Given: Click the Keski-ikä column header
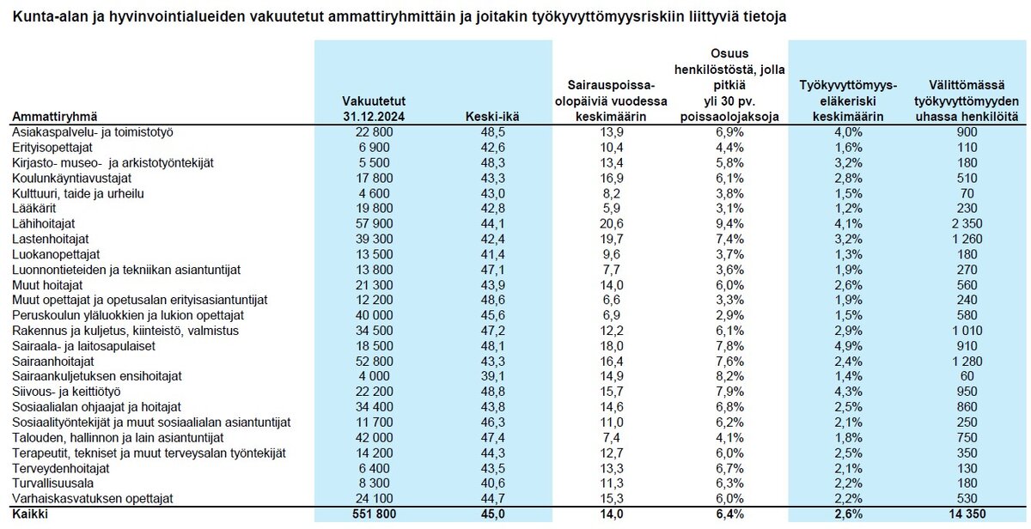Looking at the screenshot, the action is (x=492, y=117).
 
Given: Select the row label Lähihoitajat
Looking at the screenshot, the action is (x=43, y=223).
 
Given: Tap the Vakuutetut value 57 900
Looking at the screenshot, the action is (x=374, y=223).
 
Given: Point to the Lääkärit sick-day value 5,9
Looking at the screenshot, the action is (x=611, y=209).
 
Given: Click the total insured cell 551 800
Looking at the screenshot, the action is (x=374, y=514).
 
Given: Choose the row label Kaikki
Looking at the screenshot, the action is (x=30, y=514).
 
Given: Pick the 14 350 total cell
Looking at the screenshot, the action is (x=967, y=514).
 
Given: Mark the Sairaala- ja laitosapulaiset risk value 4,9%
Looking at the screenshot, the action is (x=848, y=346).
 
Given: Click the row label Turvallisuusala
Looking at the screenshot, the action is (x=53, y=483).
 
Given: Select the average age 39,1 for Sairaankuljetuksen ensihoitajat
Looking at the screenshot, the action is (x=492, y=376).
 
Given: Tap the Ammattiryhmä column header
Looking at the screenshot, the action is (x=55, y=117).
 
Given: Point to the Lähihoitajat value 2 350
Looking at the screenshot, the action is (x=967, y=223).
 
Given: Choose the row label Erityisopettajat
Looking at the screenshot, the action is (x=52, y=147).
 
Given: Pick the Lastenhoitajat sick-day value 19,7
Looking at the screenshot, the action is (x=611, y=239).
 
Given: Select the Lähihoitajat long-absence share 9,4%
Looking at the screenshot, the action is (x=729, y=223).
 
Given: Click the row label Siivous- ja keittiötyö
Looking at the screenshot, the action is (x=66, y=392).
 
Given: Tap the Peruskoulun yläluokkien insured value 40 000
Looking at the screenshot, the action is (x=374, y=315).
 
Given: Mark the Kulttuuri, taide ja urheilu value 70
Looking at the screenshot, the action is (x=967, y=193).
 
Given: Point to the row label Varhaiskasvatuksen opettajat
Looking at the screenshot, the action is (x=93, y=498).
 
